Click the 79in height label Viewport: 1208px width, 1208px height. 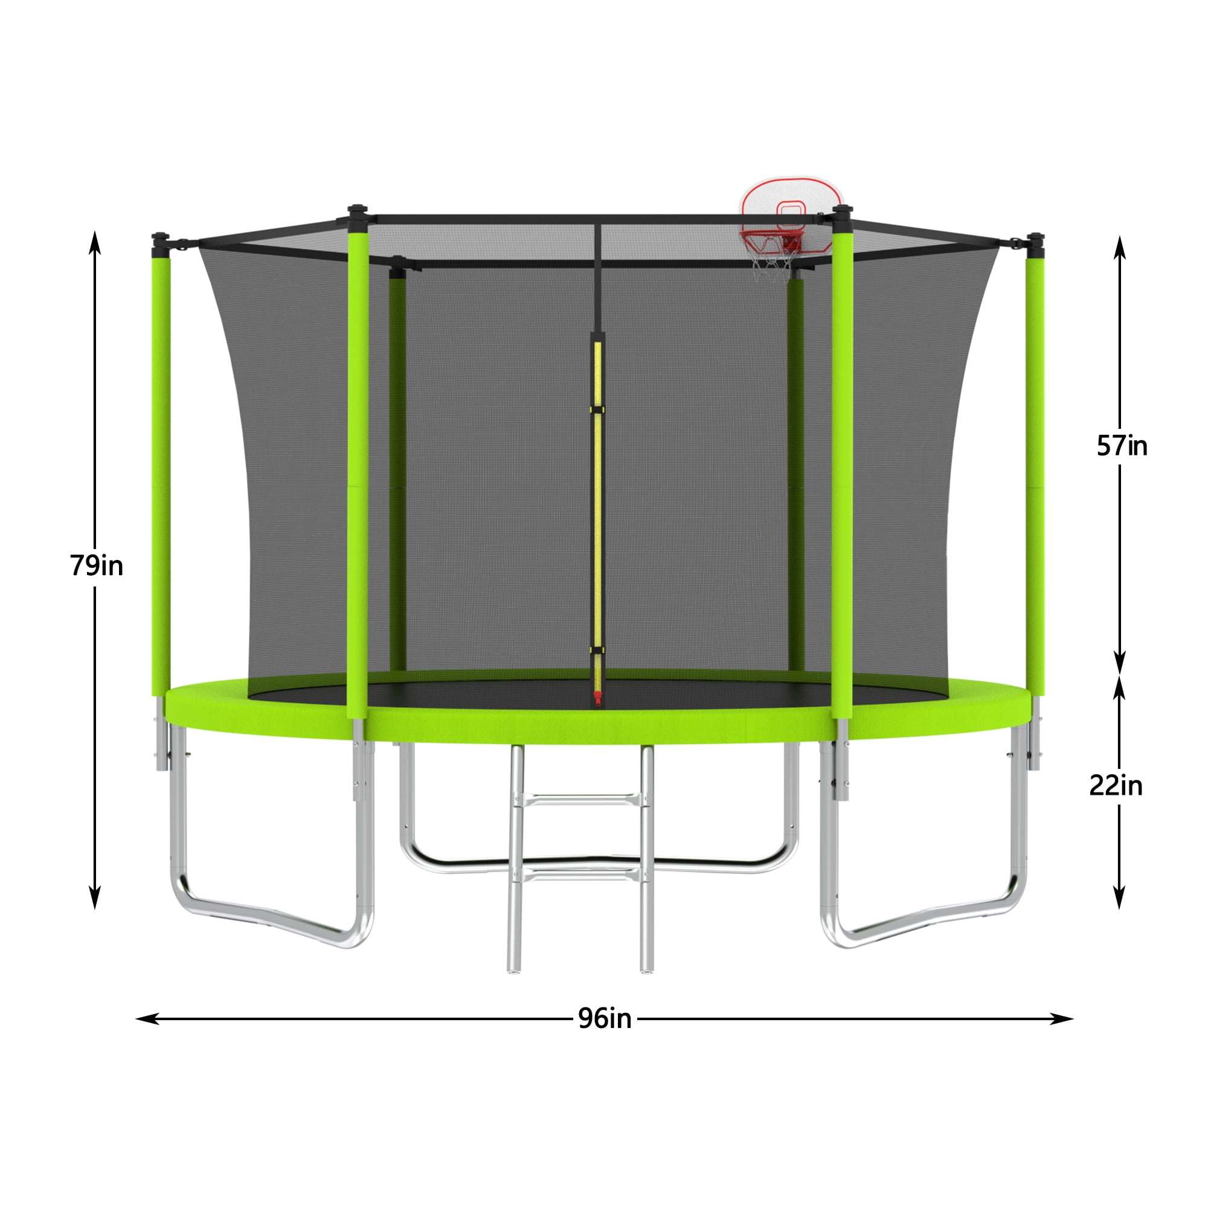tap(96, 566)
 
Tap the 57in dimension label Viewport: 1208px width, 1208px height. tap(1122, 446)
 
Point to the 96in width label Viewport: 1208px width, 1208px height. tap(605, 1018)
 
